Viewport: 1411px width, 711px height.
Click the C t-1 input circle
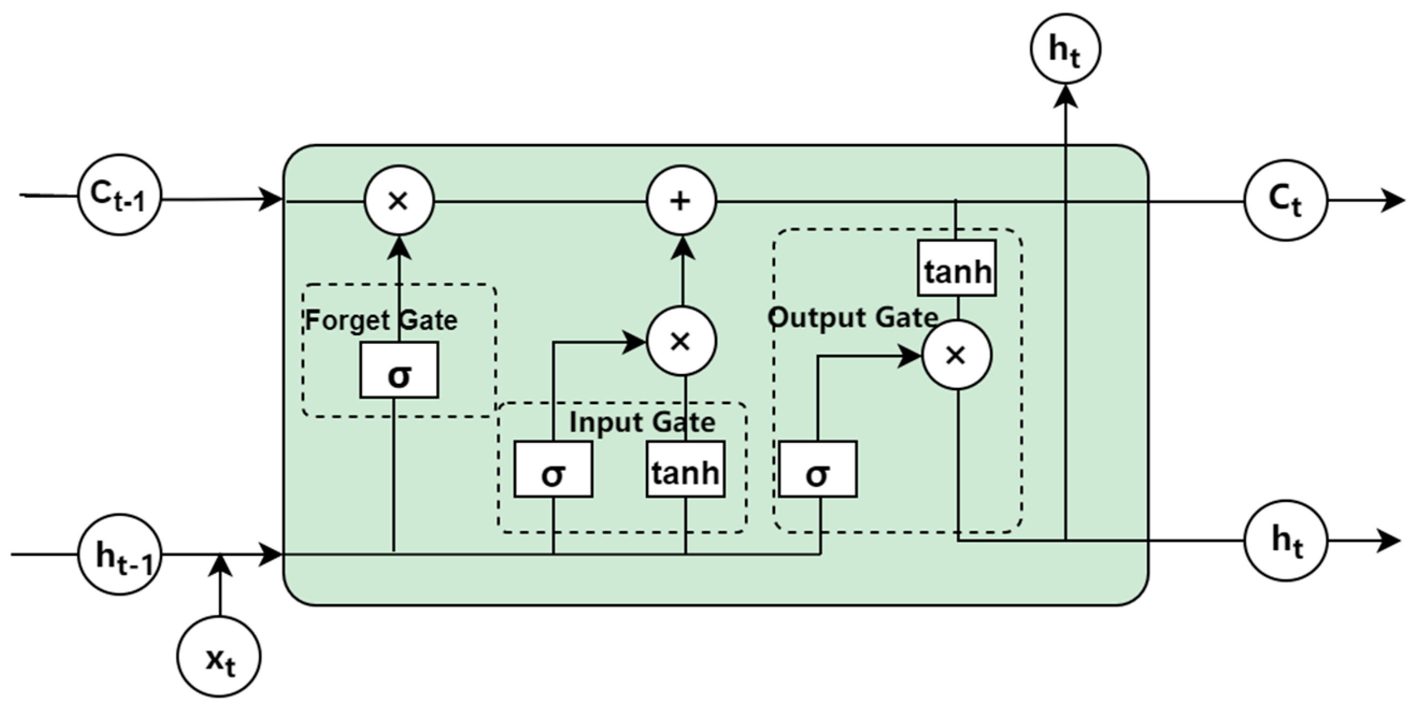[x=119, y=195]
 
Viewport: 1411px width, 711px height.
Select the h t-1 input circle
[x=119, y=554]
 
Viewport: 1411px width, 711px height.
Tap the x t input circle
[x=218, y=656]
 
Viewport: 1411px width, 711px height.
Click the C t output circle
[x=1286, y=200]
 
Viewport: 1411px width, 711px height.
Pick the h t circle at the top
[x=1065, y=49]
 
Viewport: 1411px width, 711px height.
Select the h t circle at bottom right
[x=1286, y=540]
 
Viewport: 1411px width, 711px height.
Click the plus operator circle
[x=681, y=201]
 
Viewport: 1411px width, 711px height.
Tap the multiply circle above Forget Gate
[x=399, y=201]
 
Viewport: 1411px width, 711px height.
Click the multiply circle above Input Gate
[x=681, y=341]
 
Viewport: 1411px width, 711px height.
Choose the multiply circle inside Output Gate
[x=957, y=355]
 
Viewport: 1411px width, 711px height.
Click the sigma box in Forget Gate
[x=399, y=370]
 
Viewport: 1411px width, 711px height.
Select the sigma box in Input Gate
[x=553, y=469]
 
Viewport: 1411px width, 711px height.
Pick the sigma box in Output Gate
[x=817, y=469]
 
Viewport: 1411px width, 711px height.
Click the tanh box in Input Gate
[x=685, y=469]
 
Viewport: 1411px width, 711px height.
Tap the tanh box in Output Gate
[x=957, y=268]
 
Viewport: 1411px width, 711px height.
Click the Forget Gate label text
[x=381, y=320]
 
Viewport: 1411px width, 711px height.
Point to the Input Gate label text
[x=642, y=422]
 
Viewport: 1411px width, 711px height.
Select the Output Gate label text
[x=853, y=318]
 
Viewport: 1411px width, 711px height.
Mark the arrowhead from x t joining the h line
[x=220, y=565]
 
